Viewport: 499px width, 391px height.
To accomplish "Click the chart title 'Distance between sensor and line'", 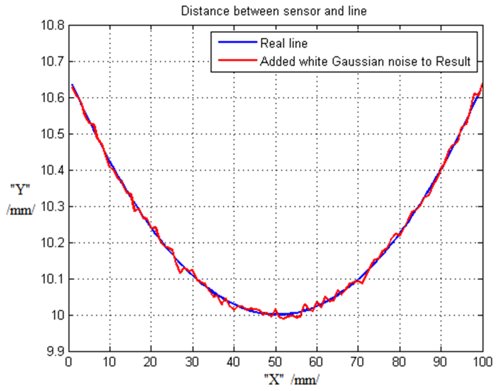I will pos(274,11).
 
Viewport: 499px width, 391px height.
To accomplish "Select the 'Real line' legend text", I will pos(284,43).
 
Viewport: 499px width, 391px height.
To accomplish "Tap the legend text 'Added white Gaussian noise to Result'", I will pos(365,61).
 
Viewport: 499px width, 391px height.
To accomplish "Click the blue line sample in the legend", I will pos(237,42).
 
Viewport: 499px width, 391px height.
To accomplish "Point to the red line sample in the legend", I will pos(237,60).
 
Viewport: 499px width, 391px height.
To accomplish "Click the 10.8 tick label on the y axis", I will pos(52,25).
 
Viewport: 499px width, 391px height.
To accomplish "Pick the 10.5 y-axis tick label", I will pos(52,134).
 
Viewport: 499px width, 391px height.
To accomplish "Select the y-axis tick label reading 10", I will pos(58,315).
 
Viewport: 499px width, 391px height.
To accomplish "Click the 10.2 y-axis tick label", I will pos(52,243).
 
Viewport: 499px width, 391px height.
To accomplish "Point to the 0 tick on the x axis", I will pos(68,362).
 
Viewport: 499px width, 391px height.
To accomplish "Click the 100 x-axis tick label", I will pos(483,362).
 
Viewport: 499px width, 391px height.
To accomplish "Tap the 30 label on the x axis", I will pos(192,362).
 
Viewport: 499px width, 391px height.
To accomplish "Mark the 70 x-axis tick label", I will pos(358,362).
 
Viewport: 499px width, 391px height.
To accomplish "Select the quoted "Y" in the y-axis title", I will pos(20,190).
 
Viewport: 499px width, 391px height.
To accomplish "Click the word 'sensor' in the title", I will pos(302,11).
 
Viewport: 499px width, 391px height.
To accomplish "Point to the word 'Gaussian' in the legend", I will pos(358,61).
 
